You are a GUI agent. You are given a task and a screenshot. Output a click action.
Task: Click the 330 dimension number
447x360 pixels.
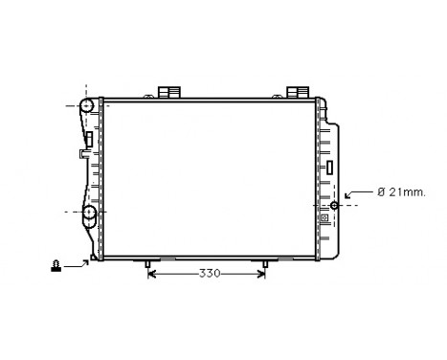tap(210, 274)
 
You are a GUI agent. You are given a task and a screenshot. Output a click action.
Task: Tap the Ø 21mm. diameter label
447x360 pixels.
tap(400, 191)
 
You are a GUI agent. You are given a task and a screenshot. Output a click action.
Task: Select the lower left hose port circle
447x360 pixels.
tap(88, 212)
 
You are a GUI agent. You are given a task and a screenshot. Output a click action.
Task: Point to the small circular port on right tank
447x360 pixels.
tap(334, 204)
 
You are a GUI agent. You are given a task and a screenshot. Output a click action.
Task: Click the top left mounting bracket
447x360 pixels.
tap(169, 92)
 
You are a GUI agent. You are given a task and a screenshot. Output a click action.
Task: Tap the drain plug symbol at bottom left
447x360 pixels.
tap(57, 265)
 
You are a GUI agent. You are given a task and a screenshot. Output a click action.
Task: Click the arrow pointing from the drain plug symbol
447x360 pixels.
tap(82, 260)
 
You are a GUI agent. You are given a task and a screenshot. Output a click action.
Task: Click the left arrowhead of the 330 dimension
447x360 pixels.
tap(152, 274)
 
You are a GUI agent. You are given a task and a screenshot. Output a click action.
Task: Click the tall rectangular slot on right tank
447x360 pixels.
tap(328, 168)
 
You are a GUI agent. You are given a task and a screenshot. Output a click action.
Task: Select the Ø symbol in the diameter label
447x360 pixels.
tap(381, 191)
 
